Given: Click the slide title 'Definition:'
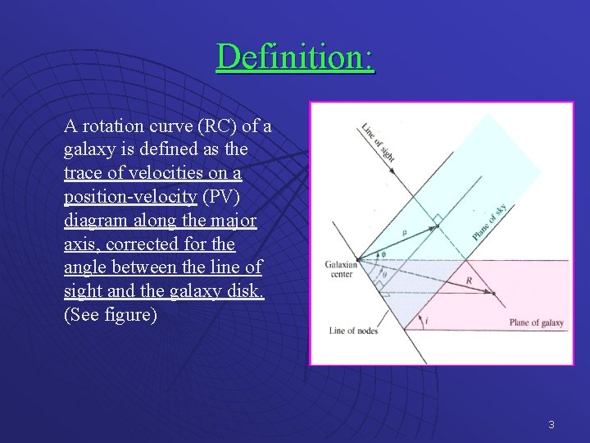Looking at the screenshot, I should pos(295,57).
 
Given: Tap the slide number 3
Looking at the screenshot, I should pos(551,424).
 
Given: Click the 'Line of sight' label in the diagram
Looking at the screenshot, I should pos(379,143).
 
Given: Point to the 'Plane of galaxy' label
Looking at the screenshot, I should pos(536,322).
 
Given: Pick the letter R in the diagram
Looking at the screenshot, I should pos(468,281).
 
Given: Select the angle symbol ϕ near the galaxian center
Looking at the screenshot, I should pos(383,253).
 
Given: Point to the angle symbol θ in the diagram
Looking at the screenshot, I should pos(384,275).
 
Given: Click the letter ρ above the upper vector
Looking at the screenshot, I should pos(404,233).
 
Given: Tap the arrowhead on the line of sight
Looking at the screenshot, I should pos(393,172).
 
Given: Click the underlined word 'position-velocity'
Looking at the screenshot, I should pos(130,197).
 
